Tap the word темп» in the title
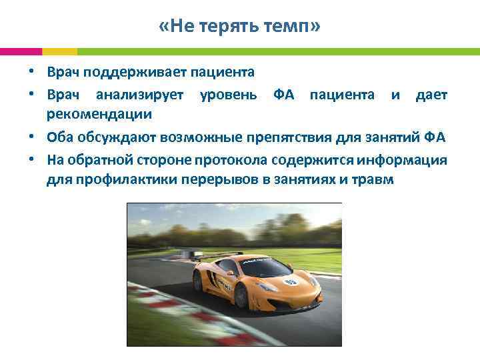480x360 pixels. [x=293, y=27]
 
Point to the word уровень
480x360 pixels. [x=229, y=95]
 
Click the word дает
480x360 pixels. [x=431, y=95]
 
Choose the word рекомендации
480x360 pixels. [x=99, y=114]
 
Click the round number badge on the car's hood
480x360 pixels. [x=290, y=281]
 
